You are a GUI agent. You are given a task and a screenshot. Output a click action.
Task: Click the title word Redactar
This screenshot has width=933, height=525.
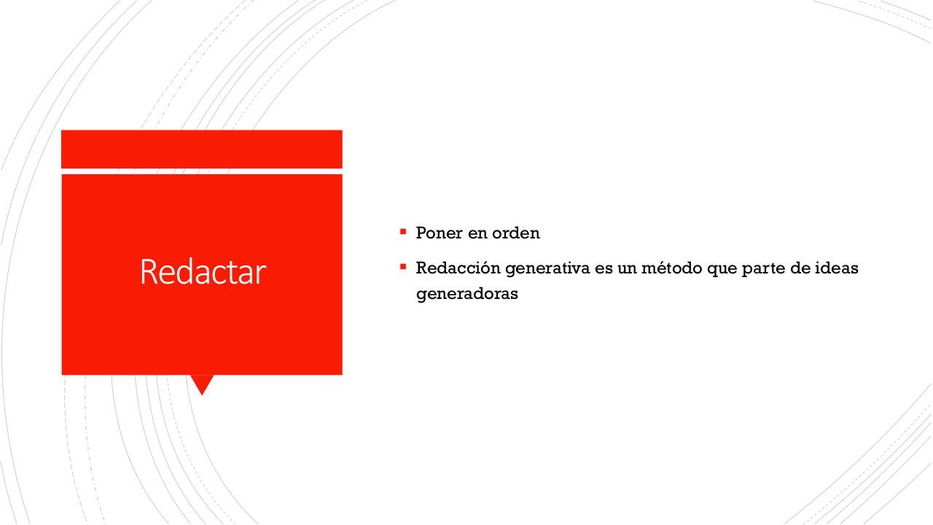[202, 272]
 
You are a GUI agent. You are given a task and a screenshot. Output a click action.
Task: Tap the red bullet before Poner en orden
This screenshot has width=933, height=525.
[402, 232]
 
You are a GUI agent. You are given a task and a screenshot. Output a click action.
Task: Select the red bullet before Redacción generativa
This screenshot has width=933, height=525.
[402, 266]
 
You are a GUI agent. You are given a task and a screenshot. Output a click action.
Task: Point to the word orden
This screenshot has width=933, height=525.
[515, 233]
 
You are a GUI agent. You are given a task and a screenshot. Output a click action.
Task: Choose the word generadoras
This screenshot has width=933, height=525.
[466, 294]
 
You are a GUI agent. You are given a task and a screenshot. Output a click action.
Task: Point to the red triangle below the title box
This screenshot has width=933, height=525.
[202, 383]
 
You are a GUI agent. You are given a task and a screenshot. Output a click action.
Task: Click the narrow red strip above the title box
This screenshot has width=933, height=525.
[202, 149]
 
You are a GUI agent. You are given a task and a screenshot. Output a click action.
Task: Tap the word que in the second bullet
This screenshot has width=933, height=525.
[715, 269]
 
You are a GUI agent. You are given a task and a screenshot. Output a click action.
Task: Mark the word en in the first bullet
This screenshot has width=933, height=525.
[477, 233]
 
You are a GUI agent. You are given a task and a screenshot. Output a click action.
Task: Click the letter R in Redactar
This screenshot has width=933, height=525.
[147, 272]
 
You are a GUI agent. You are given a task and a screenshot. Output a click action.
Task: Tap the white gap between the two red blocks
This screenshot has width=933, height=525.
[202, 171]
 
